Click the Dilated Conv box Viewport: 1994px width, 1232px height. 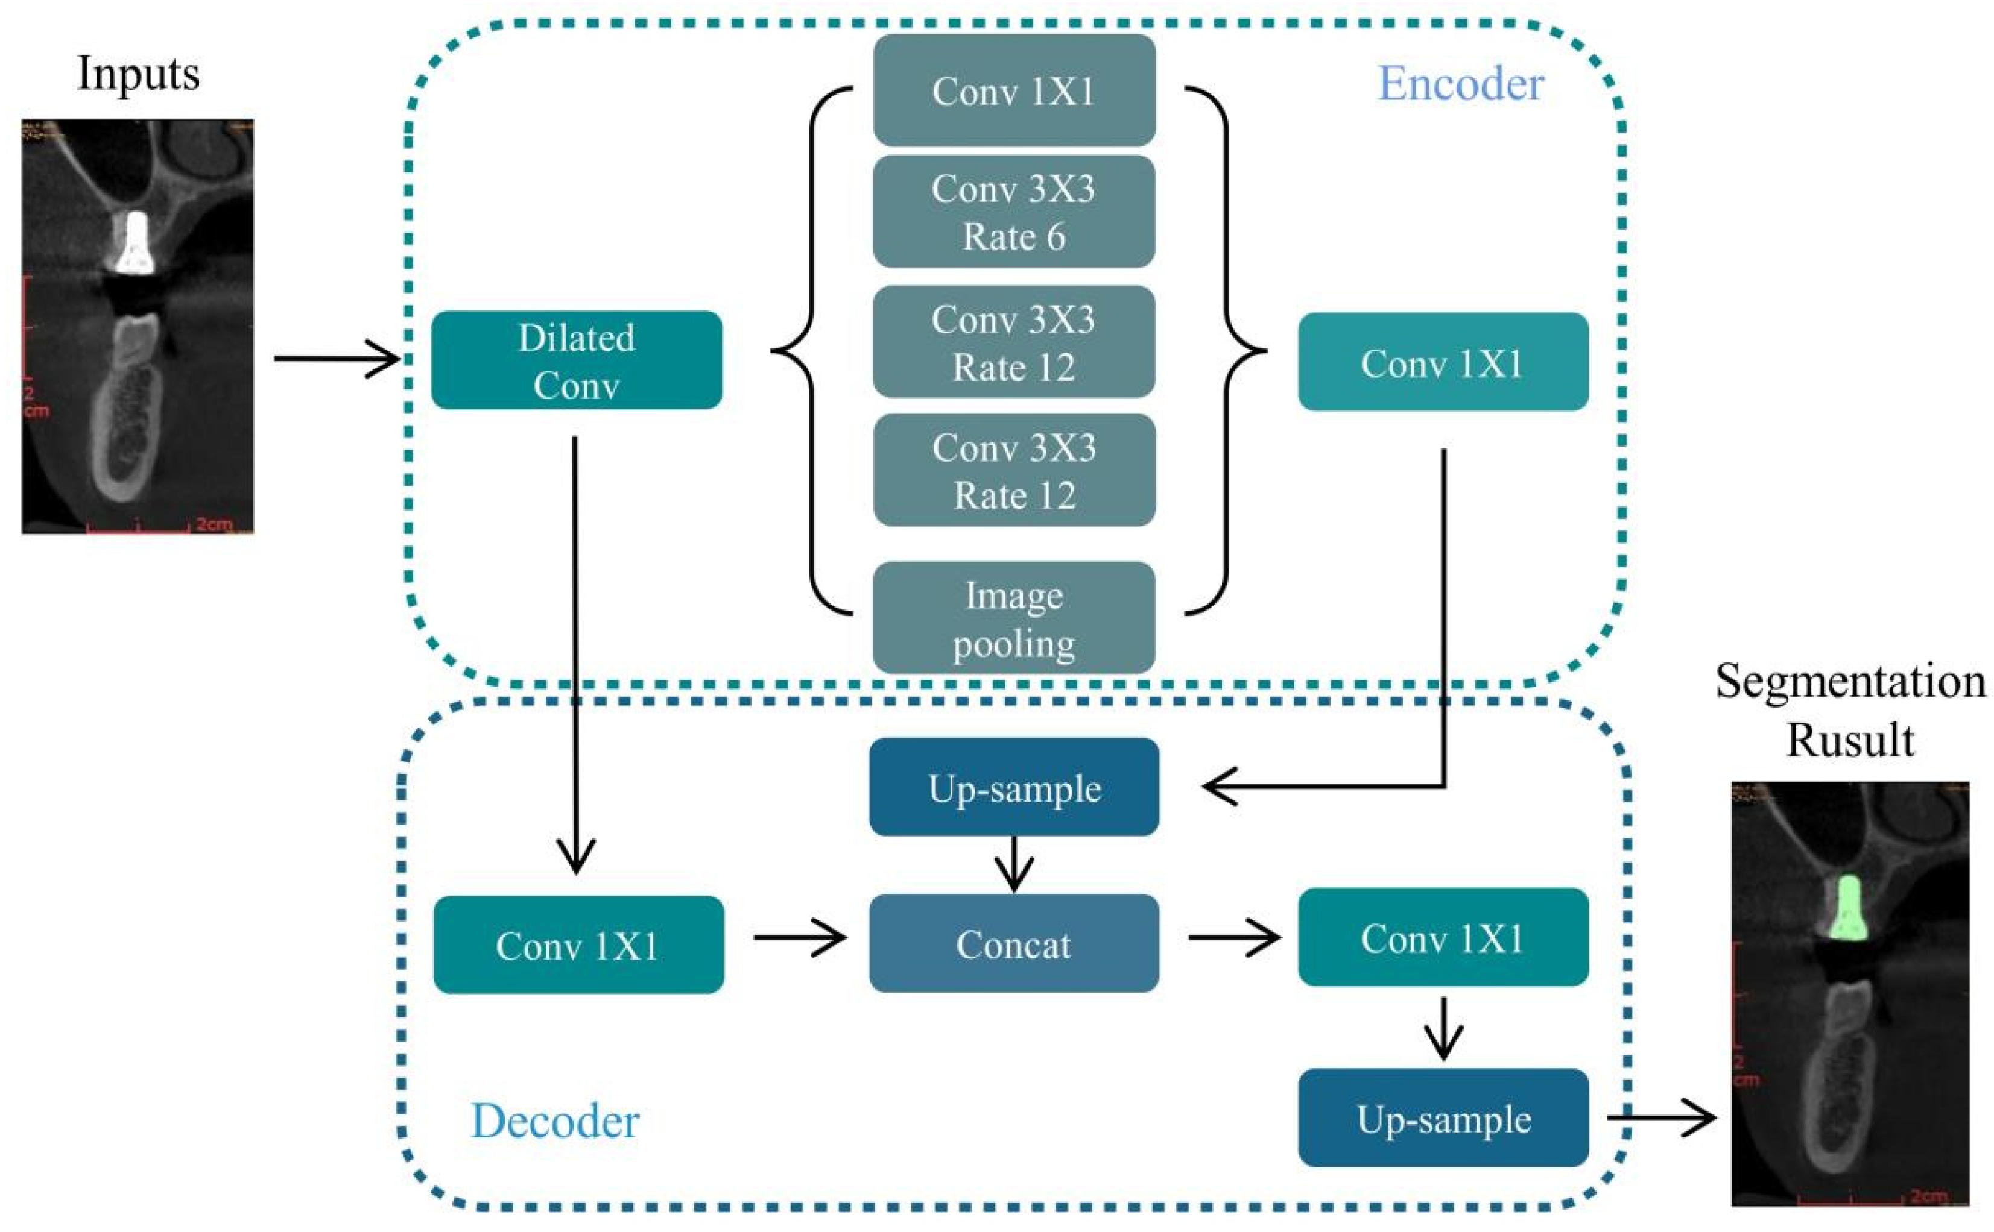click(x=577, y=360)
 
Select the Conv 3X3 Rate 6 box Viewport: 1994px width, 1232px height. click(x=1013, y=212)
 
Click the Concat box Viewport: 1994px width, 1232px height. click(x=1013, y=943)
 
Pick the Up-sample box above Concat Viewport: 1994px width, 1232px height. click(x=1013, y=787)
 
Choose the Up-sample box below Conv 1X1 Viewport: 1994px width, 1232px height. click(x=1443, y=1118)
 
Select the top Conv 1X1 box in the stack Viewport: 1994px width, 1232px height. click(x=1013, y=90)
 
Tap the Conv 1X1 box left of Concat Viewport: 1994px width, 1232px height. click(x=578, y=944)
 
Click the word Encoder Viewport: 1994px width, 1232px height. click(x=1460, y=83)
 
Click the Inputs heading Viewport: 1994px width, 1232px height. click(x=139, y=74)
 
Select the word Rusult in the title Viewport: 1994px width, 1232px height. click(x=1850, y=740)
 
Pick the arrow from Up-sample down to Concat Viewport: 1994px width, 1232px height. click(x=1013, y=864)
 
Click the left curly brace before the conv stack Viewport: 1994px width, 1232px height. click(x=803, y=350)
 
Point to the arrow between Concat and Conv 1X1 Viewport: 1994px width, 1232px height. click(x=1233, y=937)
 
